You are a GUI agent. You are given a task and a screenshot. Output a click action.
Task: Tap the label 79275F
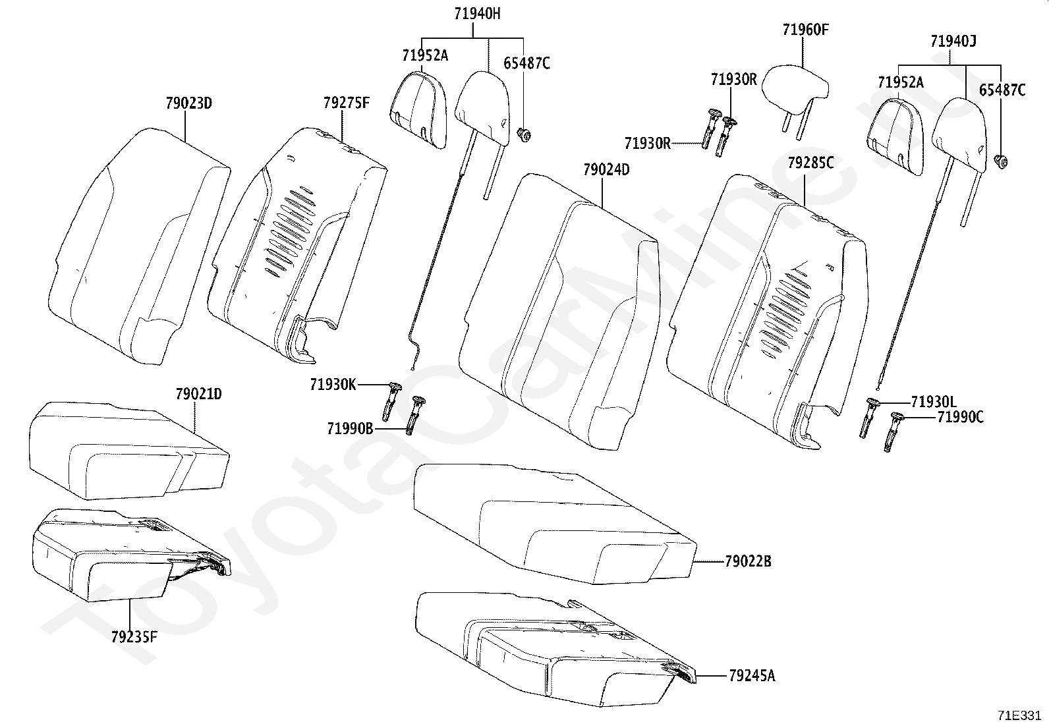point(346,103)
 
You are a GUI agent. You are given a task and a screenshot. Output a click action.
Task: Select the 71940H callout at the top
point(477,14)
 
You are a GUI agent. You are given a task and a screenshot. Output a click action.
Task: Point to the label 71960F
point(805,30)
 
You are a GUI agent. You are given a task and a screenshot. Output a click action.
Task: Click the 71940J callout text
point(953,42)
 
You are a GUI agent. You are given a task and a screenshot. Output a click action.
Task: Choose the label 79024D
point(606,170)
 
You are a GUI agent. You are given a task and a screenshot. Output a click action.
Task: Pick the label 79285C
point(810,163)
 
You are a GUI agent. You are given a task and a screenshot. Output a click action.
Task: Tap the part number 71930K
point(333,385)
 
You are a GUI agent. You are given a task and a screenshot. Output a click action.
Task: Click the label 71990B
point(350,429)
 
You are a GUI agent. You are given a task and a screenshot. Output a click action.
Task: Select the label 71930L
point(933,402)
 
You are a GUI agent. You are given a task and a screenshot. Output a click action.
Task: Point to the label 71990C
point(960,417)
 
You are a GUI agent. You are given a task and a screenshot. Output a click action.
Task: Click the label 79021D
point(198,395)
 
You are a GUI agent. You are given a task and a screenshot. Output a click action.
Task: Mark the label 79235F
point(134,637)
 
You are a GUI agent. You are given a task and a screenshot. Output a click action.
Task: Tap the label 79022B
point(748,562)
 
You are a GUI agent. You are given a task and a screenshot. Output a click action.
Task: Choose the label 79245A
point(752,676)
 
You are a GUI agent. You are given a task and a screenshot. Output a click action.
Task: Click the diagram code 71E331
point(1019,715)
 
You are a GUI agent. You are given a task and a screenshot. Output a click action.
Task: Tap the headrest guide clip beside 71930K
point(393,401)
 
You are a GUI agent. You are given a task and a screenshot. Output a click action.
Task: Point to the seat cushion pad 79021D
point(128,451)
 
